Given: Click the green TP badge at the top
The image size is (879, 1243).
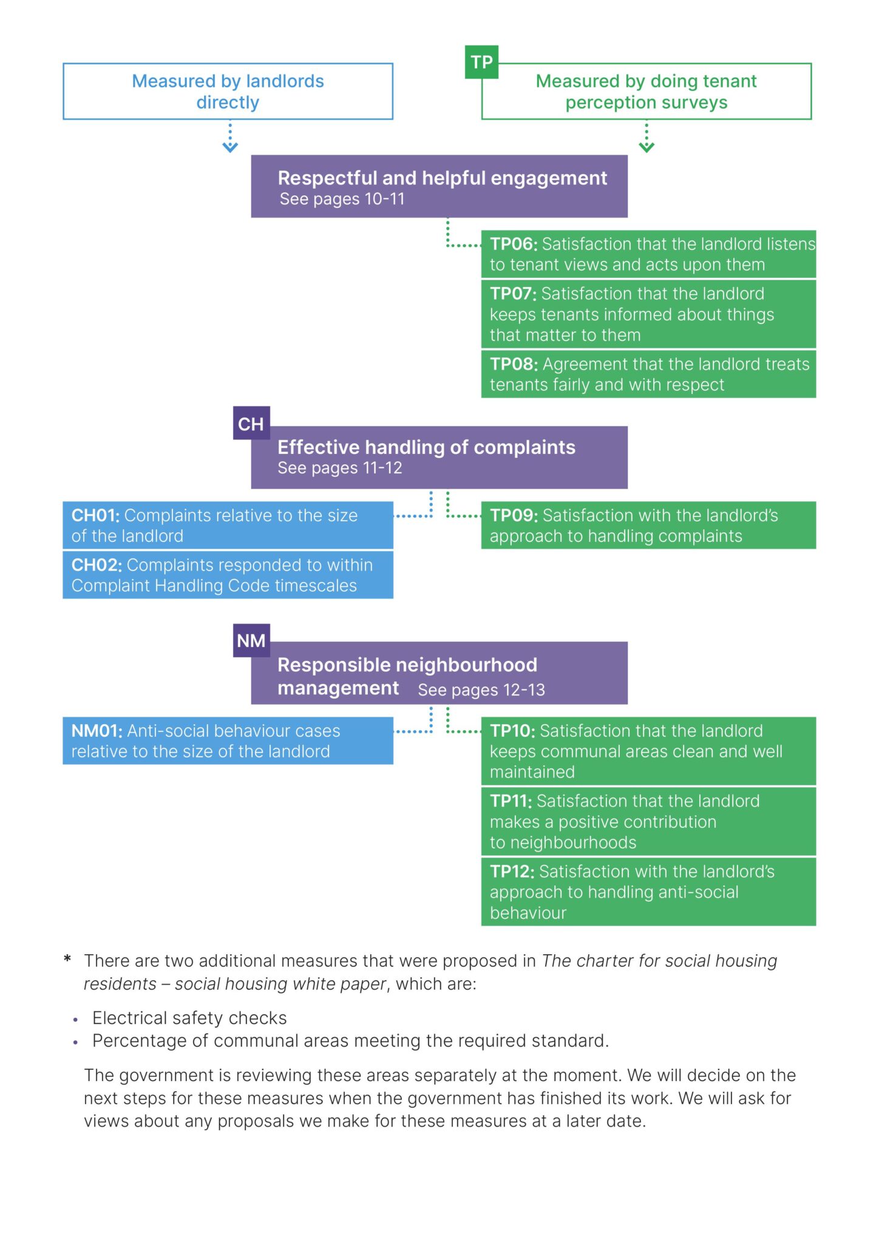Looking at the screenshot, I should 481,62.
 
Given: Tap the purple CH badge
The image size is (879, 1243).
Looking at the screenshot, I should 251,424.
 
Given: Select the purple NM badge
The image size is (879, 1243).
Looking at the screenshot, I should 251,640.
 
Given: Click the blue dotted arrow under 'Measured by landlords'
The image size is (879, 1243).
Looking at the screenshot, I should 230,138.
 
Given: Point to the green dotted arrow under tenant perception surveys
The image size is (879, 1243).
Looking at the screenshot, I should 647,138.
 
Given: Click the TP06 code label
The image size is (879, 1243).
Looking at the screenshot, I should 514,244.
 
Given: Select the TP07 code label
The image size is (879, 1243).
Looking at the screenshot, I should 513,294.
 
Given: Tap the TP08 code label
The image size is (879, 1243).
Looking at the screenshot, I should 514,364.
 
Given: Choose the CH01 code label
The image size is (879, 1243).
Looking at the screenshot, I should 96,515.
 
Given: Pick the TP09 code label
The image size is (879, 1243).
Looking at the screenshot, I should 514,515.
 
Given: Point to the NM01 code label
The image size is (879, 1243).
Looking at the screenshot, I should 97,731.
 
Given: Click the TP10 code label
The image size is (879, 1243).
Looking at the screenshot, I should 512,731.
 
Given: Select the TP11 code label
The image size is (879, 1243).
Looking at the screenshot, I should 511,801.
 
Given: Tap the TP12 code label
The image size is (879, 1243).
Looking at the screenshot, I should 512,872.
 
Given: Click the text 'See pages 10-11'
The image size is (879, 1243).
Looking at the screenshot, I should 342,199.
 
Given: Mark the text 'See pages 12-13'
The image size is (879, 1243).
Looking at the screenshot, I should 481,690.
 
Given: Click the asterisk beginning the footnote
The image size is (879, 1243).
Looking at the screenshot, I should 67,959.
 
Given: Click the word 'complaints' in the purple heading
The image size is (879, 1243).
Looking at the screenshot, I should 524,447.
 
